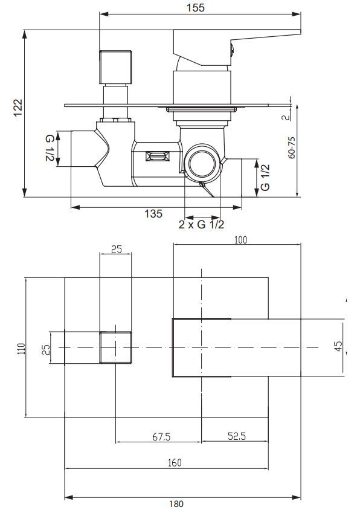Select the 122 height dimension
18,109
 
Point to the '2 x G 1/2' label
202,225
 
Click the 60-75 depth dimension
292,147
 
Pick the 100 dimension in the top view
240,240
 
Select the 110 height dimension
21,347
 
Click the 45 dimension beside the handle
338,347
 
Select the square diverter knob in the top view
115,347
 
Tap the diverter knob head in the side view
115,66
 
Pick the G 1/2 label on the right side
265,178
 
